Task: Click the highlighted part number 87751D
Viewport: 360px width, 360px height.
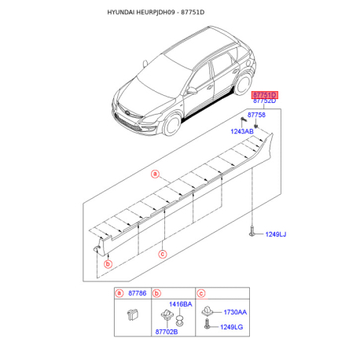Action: (265, 94)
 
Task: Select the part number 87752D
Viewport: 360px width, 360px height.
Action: (265, 101)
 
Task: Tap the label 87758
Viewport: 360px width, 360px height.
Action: (256, 115)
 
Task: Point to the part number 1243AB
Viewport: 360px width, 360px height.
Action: (242, 131)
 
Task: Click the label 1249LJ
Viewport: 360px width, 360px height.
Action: (276, 234)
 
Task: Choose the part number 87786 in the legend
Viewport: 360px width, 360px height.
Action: (138, 293)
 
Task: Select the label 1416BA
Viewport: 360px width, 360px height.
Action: (181, 304)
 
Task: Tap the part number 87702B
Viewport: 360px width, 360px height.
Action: (167, 332)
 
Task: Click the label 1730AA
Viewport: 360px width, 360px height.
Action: (235, 312)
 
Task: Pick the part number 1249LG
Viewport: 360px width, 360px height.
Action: (231, 327)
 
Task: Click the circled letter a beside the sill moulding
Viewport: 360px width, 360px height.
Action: (155, 174)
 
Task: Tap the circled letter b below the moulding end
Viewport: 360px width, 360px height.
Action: (108, 264)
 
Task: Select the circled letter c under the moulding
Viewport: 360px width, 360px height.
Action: (163, 254)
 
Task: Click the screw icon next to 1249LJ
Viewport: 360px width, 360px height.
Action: (252, 232)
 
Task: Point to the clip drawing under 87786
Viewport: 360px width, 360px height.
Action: (133, 314)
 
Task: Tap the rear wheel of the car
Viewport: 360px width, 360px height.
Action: (244, 84)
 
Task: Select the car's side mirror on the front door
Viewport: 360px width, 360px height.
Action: (193, 91)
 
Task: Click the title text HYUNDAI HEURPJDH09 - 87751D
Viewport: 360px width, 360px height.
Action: (156, 13)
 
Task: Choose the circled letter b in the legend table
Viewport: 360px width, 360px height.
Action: (156, 293)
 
